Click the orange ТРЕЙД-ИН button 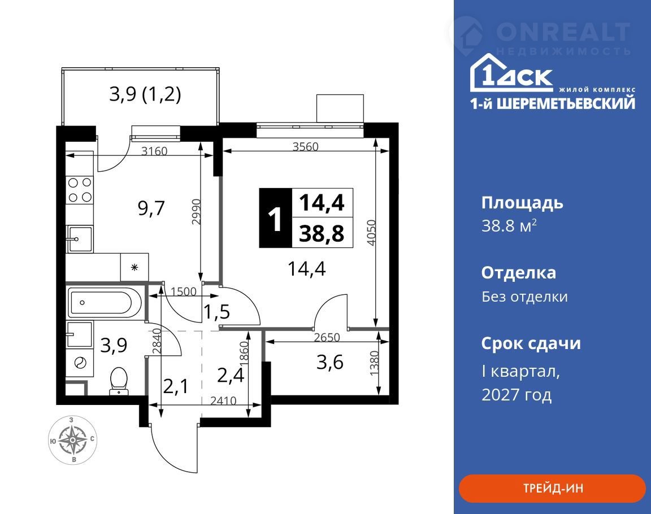[x=552, y=488]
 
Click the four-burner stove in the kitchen [x=80, y=190]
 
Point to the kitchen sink [x=80, y=239]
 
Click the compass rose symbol [x=73, y=440]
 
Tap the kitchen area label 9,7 [x=151, y=208]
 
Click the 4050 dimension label [x=372, y=233]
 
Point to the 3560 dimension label [x=305, y=146]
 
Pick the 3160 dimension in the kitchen [x=154, y=151]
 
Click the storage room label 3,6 [x=329, y=362]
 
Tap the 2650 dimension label [x=327, y=337]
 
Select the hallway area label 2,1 [x=176, y=387]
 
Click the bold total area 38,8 [x=322, y=234]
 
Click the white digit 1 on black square [x=275, y=219]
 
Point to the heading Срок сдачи [x=531, y=343]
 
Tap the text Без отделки [x=524, y=297]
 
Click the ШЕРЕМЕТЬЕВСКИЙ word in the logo [x=566, y=103]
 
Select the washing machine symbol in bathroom [x=80, y=362]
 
